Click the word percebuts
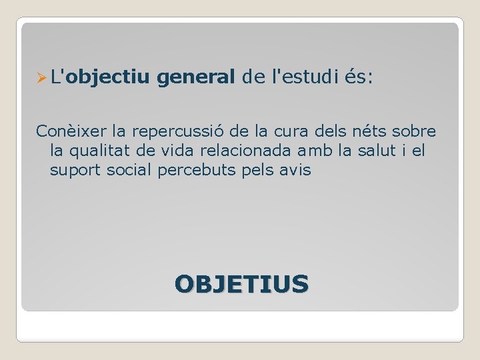[203, 171]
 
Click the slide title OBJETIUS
[242, 284]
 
